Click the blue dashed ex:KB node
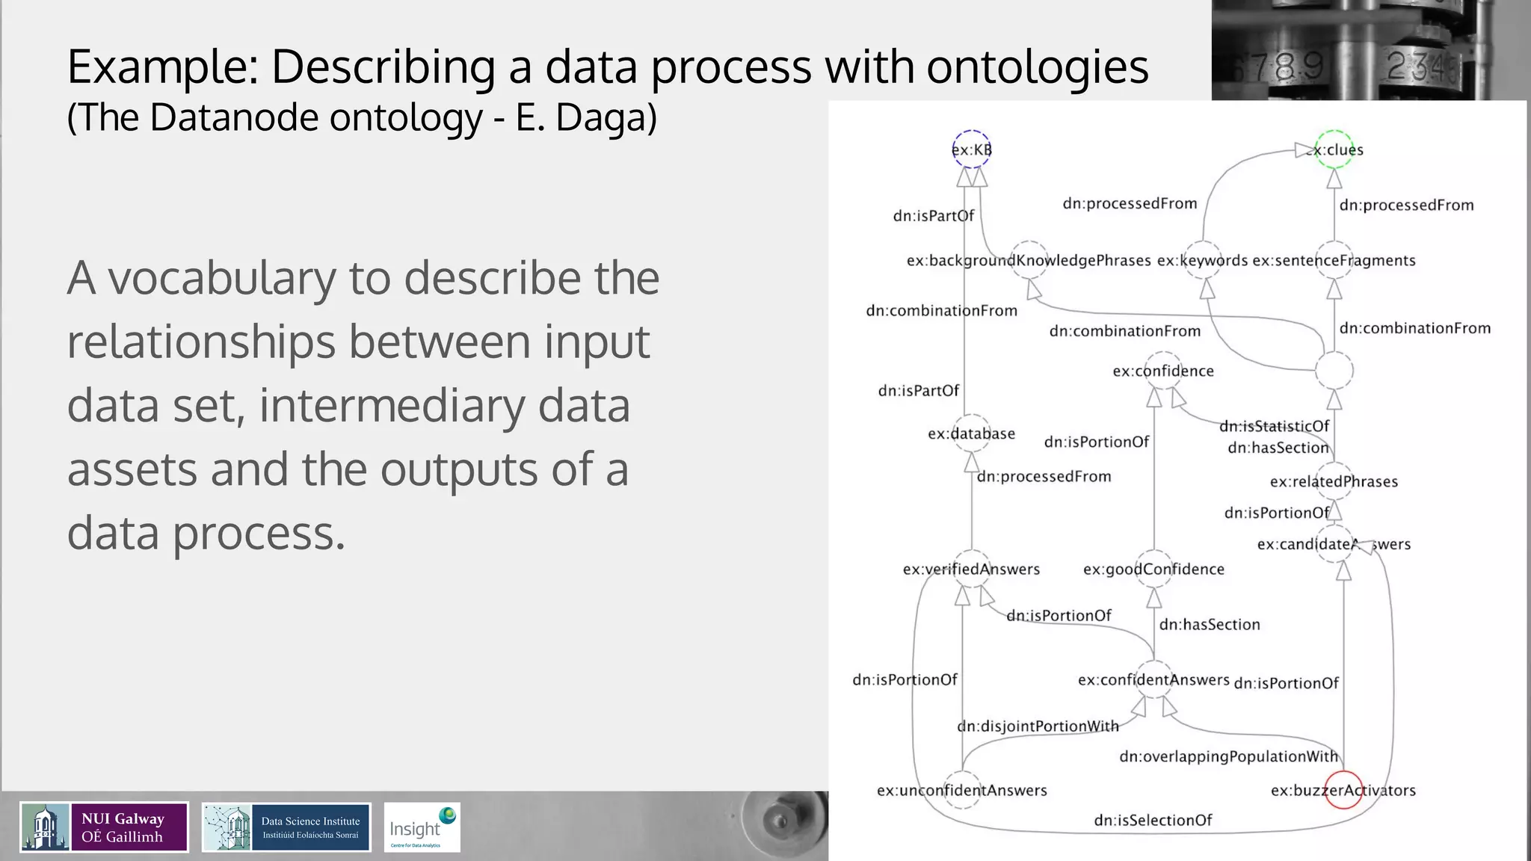(971, 149)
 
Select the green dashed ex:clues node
(1334, 149)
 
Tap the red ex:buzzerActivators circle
(1343, 790)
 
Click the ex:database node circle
(972, 433)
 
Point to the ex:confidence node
(1163, 371)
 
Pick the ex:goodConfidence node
(1153, 569)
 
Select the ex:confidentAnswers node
(1153, 679)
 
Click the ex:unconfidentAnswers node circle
(962, 790)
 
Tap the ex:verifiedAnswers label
(971, 569)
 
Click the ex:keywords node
(1204, 260)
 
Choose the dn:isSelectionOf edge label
(1153, 820)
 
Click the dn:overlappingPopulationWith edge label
(1228, 756)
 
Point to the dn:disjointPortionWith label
(1038, 726)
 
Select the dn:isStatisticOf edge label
(1274, 426)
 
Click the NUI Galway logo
(104, 827)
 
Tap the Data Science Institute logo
(286, 827)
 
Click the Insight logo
(422, 827)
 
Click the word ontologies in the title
(1038, 67)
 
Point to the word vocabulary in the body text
(221, 278)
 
